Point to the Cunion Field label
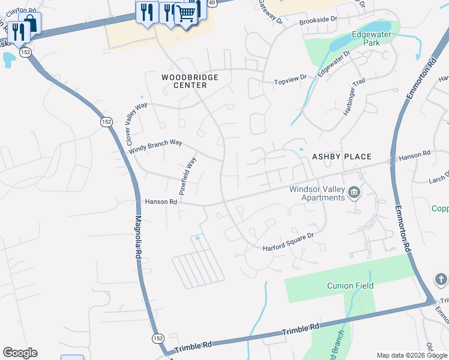click(x=350, y=286)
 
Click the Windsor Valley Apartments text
click(x=317, y=193)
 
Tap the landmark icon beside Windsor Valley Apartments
click(x=354, y=192)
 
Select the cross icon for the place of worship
click(x=440, y=280)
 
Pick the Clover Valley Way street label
click(x=136, y=123)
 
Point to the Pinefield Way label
click(x=188, y=176)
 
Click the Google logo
click(x=20, y=353)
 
